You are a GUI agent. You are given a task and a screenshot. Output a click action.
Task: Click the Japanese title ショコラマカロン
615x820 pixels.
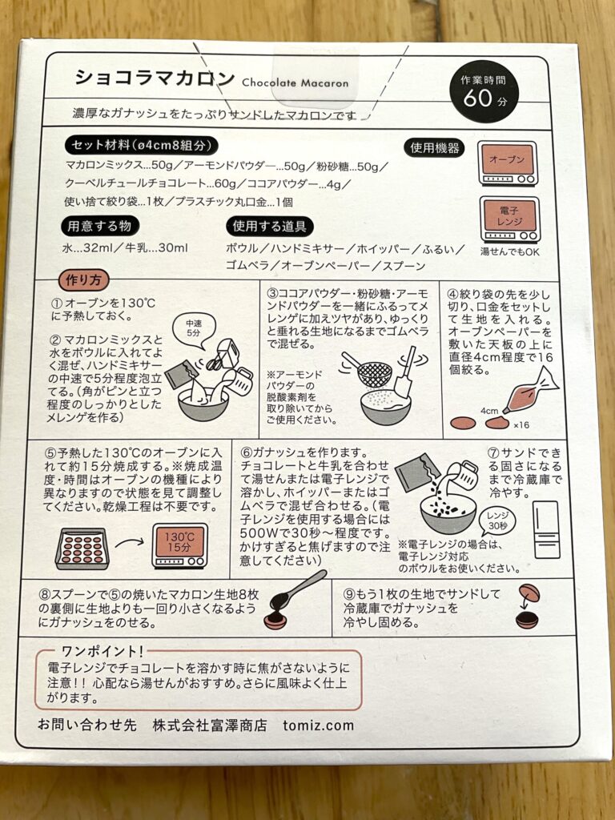[155, 78]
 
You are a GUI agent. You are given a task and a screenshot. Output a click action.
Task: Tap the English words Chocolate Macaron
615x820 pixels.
[295, 82]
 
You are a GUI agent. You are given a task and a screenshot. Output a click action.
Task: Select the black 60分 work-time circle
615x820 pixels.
[484, 90]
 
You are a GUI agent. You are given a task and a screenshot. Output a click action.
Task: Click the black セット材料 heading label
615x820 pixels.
[142, 145]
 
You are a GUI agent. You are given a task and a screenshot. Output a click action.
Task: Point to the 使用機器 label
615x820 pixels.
[435, 148]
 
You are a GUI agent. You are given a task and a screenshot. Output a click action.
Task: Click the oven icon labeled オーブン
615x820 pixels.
[508, 163]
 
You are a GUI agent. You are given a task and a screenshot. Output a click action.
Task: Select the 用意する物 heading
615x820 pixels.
[99, 227]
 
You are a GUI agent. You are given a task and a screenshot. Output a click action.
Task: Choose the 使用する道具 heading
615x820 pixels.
[269, 227]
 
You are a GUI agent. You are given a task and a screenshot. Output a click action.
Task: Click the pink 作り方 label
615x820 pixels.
[83, 280]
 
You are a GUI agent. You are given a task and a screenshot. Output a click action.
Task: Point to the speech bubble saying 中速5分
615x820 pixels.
[194, 331]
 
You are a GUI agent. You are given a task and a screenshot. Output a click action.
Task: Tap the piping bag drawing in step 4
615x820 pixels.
[530, 390]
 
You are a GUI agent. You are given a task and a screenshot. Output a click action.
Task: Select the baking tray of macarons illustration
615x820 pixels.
[82, 549]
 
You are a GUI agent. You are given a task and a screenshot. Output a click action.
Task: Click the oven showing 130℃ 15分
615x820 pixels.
[179, 546]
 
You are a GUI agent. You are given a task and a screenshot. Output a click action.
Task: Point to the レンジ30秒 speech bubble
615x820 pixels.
[497, 521]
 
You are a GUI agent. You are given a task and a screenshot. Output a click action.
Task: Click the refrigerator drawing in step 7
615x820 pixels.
[546, 530]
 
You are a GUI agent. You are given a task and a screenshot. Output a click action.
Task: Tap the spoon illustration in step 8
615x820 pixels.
[299, 592]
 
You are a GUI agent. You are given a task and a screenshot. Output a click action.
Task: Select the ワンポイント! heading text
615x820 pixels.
[102, 651]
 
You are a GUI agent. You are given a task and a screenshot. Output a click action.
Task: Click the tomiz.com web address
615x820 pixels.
[318, 726]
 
